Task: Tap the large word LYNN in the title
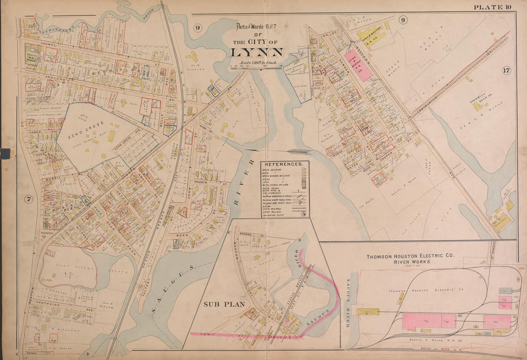[x=257, y=52]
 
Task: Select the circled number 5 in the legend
[x=303, y=214]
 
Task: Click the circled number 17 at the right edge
[x=506, y=71]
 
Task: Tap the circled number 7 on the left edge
[x=28, y=200]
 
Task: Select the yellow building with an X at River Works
[x=367, y=312]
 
